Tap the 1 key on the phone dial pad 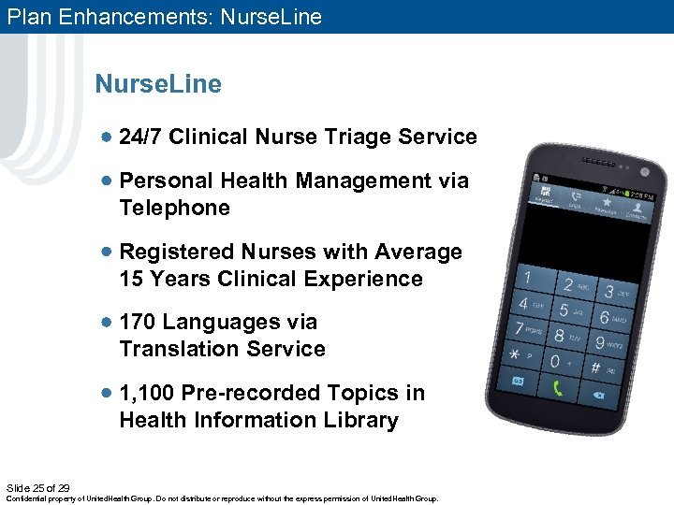(x=529, y=279)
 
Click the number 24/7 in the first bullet (x=142, y=137)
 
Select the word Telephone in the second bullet (x=174, y=208)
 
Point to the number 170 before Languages (x=137, y=323)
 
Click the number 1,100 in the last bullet (x=148, y=393)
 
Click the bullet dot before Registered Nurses (x=109, y=252)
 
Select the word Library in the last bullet (x=360, y=421)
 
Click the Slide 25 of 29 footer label (x=37, y=488)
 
